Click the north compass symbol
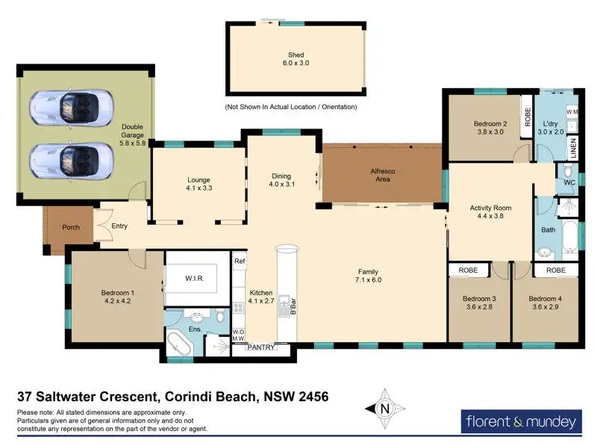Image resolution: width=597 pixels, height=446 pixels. coord(385,409)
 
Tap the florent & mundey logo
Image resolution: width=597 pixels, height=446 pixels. coord(521,421)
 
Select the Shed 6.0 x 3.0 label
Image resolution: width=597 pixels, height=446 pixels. coord(296,59)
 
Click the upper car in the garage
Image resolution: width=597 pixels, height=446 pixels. coord(71,107)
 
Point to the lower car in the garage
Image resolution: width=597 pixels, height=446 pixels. coord(71,161)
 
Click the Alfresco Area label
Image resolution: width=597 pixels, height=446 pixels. coord(383,175)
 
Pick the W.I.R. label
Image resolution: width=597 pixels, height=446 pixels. coord(195,278)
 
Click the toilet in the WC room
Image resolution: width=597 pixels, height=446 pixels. coord(568,169)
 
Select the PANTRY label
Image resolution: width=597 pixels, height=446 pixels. coord(260,347)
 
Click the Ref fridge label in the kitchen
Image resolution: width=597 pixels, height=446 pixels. coord(240,261)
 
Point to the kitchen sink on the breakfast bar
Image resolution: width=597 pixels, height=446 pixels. coord(284,306)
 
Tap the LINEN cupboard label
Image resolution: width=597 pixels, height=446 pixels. coord(573,148)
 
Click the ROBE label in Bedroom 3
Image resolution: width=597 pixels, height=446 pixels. coord(468,270)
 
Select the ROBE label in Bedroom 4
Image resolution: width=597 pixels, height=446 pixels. coord(556,270)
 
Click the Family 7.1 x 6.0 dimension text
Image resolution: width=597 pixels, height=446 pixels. coord(368,280)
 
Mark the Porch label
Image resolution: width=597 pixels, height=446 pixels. coord(71,227)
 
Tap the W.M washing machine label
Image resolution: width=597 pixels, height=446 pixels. coord(572,112)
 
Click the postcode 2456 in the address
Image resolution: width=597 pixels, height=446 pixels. coord(313,397)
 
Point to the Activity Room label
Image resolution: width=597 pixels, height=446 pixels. coord(490,208)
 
